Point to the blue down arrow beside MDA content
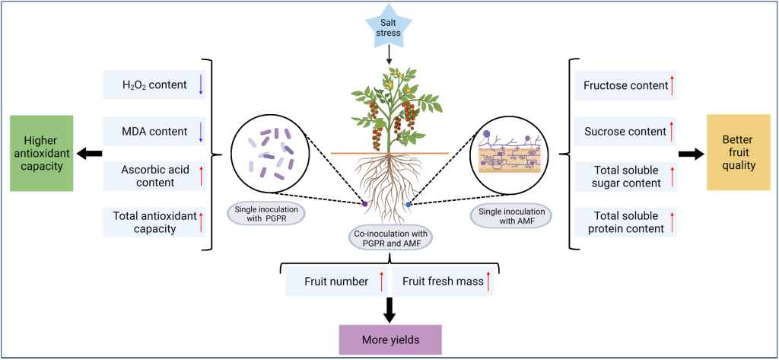(201, 131)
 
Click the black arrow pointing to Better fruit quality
(690, 154)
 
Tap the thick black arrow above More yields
(389, 309)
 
